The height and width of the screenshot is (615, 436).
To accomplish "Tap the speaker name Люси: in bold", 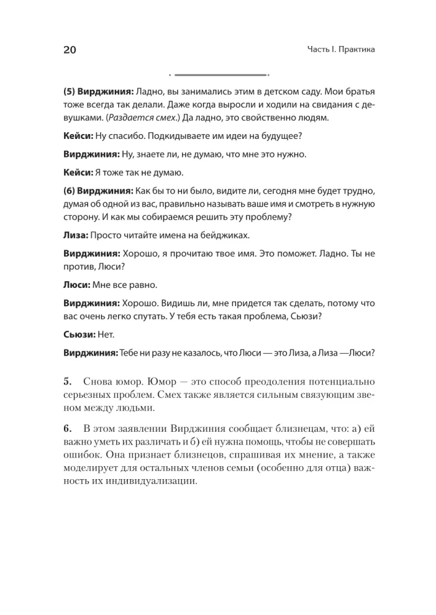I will [x=77, y=285].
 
